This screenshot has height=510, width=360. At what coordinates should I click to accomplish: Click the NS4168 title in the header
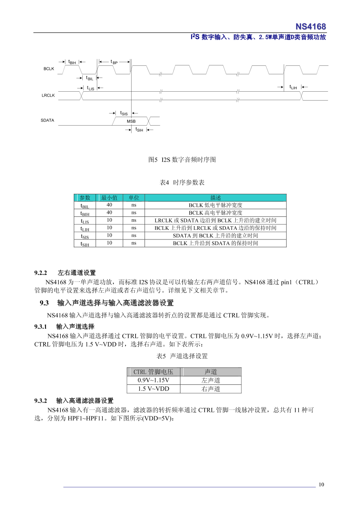coord(310,27)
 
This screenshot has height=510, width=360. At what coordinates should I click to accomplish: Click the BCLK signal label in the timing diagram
coord(49,69)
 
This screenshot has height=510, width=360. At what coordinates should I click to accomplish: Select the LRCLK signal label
coord(48,96)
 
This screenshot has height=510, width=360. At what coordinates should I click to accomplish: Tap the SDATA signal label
coord(48,121)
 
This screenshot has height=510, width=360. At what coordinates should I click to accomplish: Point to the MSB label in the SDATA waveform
coord(131,121)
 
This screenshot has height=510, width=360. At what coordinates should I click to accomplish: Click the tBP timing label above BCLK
coord(114,62)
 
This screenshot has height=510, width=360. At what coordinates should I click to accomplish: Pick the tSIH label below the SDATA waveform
coord(139,130)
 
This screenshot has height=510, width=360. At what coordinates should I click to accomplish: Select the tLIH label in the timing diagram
coord(293,87)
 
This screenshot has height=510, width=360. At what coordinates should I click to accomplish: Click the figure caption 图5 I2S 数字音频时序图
coord(182,160)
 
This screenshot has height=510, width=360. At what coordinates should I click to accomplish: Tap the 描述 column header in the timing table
coord(216,198)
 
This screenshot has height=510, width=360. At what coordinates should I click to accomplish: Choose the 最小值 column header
coord(109,198)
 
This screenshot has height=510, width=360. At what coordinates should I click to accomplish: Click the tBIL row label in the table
coord(85,206)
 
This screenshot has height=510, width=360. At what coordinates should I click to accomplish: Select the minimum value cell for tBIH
coord(109,213)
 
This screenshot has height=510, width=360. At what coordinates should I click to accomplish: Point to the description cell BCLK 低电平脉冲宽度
coord(216,206)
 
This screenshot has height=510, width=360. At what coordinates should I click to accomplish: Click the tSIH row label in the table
coord(85,243)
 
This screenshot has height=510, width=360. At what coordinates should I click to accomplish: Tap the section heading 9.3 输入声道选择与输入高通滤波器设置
coord(107,303)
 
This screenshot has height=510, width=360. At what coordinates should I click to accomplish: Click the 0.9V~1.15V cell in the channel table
coord(153,380)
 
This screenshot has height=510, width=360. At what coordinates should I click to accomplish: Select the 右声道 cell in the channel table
coord(211,389)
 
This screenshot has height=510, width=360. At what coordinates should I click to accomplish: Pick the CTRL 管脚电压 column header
coord(153,372)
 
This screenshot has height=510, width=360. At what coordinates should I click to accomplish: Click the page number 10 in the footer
coord(321,485)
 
